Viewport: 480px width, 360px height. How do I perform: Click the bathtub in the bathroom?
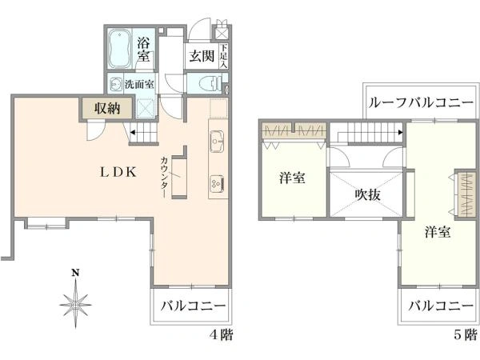click(x=119, y=48)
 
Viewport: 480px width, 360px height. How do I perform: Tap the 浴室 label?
click(x=143, y=50)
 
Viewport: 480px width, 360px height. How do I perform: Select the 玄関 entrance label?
click(x=202, y=56)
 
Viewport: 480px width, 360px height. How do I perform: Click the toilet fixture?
click(x=210, y=82)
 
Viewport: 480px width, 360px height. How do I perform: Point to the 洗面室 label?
click(x=139, y=84)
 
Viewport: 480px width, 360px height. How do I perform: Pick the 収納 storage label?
click(x=107, y=108)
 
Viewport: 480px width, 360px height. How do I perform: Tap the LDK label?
click(x=118, y=173)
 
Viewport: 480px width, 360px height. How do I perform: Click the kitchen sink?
click(x=218, y=141)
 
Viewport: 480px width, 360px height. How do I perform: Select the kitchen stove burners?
click(x=218, y=183)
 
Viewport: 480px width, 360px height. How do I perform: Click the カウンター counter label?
click(x=164, y=177)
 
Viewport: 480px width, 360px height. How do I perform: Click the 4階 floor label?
click(x=222, y=334)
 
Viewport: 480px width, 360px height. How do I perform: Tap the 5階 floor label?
click(x=466, y=334)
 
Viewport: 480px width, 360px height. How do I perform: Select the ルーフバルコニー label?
click(x=422, y=103)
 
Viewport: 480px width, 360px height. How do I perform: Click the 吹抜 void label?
click(x=368, y=194)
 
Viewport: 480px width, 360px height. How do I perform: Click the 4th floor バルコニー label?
click(x=193, y=306)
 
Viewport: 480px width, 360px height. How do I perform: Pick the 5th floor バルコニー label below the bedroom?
click(x=441, y=306)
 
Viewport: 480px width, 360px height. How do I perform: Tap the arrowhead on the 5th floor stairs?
click(x=400, y=133)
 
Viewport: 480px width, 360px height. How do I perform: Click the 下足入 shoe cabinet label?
click(x=224, y=56)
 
